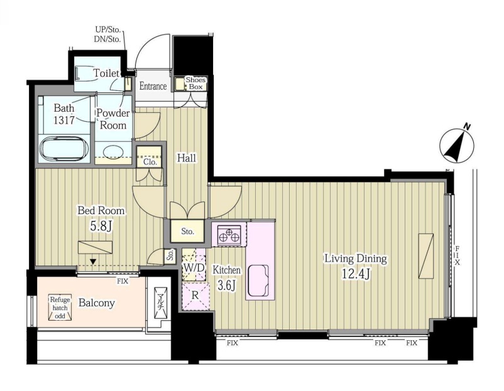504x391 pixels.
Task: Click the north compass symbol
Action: (x=457, y=146)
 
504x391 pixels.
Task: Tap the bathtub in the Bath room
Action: (x=64, y=149)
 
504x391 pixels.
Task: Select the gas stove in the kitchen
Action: (x=229, y=233)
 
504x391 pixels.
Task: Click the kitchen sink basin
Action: (x=258, y=280)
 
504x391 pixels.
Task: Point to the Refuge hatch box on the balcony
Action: (x=60, y=308)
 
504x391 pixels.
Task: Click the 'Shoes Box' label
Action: (x=195, y=83)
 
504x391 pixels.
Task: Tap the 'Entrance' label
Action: (x=153, y=86)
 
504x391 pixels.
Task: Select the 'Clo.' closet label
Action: (x=150, y=162)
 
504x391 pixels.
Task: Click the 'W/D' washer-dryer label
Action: (x=194, y=267)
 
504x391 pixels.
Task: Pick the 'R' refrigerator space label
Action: (x=195, y=295)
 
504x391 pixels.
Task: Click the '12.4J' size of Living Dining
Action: (x=356, y=274)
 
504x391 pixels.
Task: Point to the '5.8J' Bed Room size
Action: (x=101, y=227)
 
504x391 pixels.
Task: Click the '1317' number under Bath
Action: (x=64, y=120)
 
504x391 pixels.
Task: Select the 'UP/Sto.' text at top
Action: (x=107, y=30)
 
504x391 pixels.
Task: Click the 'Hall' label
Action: (x=187, y=158)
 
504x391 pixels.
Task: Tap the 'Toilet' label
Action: (x=106, y=73)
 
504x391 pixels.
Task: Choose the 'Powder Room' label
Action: (x=113, y=119)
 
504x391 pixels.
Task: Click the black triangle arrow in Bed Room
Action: (x=93, y=262)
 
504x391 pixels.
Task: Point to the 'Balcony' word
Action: (x=96, y=303)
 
